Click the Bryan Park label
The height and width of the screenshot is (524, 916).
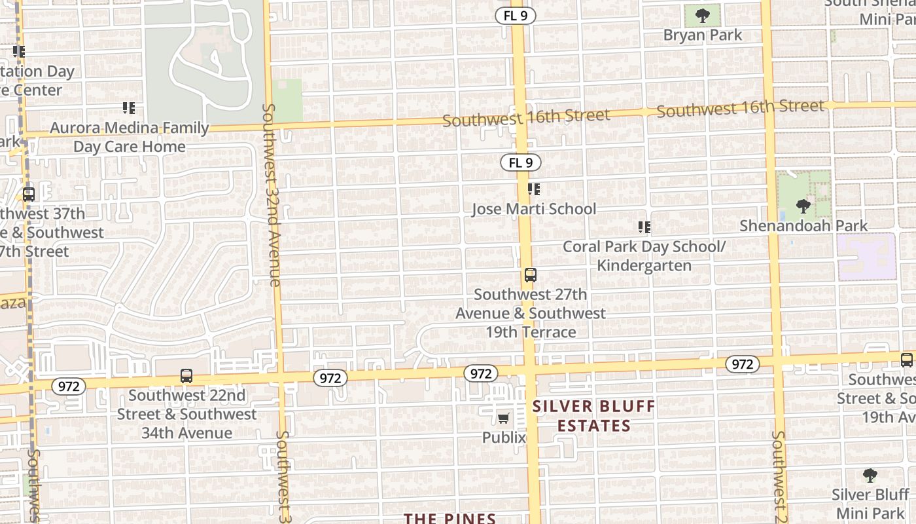click(703, 35)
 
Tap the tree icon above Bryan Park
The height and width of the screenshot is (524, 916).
click(703, 15)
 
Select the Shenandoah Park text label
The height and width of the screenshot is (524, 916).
click(803, 226)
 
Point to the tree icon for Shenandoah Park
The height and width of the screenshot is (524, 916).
click(803, 206)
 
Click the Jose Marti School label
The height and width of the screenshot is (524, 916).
click(534, 209)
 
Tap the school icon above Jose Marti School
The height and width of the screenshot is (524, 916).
click(534, 189)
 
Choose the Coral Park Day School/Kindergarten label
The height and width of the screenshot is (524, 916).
click(644, 256)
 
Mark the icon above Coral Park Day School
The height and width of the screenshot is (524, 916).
click(644, 227)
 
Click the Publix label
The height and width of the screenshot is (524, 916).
click(504, 437)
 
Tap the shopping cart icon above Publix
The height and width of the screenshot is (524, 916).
click(503, 418)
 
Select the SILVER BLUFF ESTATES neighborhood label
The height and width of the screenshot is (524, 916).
click(593, 416)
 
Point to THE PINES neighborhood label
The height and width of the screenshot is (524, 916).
click(449, 518)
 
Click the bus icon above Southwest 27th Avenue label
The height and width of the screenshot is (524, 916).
click(530, 275)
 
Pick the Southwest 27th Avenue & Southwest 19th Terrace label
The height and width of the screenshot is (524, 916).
click(531, 313)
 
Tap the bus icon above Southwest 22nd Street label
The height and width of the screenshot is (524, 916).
click(186, 376)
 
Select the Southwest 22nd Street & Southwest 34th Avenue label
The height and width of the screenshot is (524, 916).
click(186, 414)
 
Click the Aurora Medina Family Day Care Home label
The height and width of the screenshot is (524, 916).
click(130, 137)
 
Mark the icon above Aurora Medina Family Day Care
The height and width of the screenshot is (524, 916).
click(129, 107)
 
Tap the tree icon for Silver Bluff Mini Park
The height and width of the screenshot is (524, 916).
click(870, 475)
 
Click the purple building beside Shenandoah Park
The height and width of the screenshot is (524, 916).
click(866, 257)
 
